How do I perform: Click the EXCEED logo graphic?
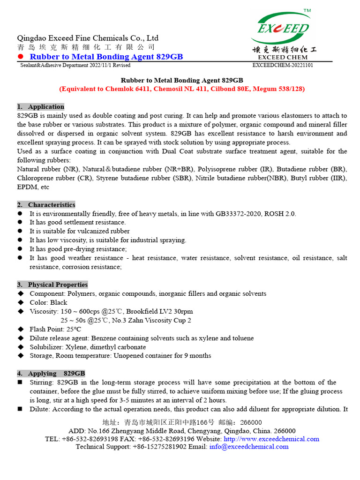283,31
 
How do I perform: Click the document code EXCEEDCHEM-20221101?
283,65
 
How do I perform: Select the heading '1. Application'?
41,106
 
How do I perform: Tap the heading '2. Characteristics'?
46,205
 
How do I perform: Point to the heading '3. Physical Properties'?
52,285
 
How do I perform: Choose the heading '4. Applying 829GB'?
51,374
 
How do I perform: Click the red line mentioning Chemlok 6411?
182,89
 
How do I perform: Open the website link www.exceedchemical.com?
271,439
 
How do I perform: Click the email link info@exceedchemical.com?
249,447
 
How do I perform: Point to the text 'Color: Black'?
48,303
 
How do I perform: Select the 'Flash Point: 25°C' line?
55,330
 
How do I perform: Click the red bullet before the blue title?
20,57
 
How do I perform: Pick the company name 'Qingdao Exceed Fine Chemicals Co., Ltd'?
88,38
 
